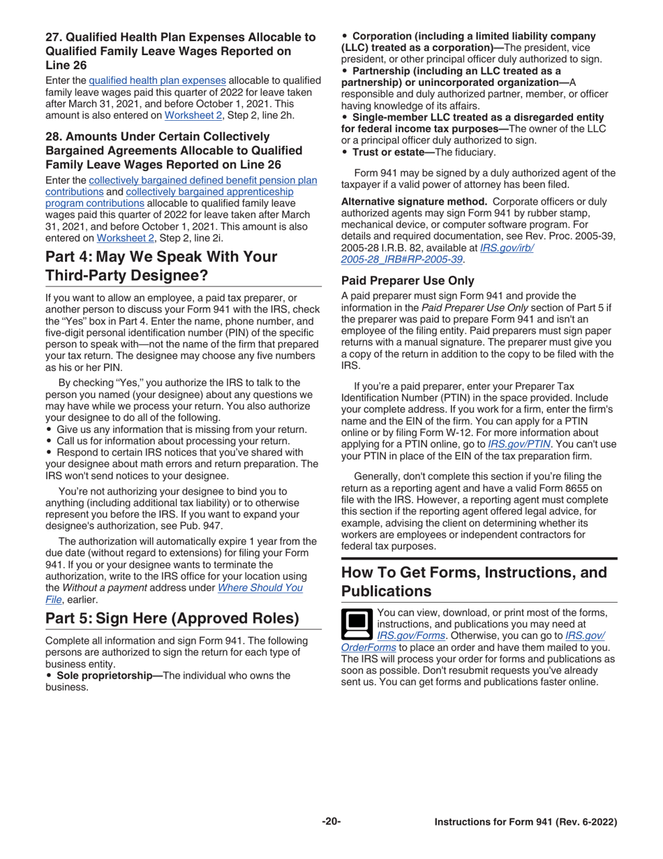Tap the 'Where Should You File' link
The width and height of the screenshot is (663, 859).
(x=260, y=588)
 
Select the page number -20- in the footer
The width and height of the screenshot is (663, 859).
(x=331, y=822)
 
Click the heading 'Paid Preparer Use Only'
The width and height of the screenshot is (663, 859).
(x=408, y=281)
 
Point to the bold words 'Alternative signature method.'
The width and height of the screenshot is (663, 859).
(x=415, y=201)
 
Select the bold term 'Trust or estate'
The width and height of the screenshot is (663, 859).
(x=392, y=152)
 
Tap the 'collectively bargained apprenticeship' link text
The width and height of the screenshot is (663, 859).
(x=209, y=192)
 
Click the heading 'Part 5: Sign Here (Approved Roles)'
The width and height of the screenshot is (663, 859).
(x=172, y=619)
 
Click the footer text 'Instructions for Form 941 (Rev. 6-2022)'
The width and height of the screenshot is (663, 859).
(x=526, y=822)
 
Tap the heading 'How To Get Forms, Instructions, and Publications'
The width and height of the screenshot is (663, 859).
(x=475, y=582)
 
